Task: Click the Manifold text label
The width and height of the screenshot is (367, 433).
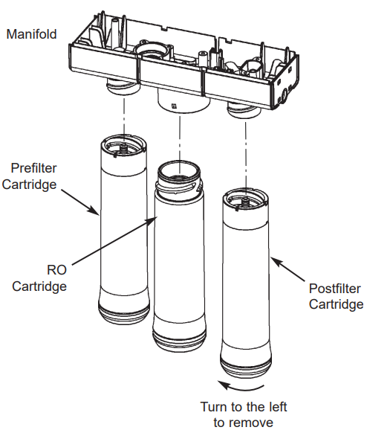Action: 32,33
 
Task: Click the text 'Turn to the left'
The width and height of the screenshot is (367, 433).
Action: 244,407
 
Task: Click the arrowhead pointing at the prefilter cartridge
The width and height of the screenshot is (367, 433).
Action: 98,214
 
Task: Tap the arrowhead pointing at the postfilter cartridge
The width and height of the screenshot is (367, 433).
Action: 274,260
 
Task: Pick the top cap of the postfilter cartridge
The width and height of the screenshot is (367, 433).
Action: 244,199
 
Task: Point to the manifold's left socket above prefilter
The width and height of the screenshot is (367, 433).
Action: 121,87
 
